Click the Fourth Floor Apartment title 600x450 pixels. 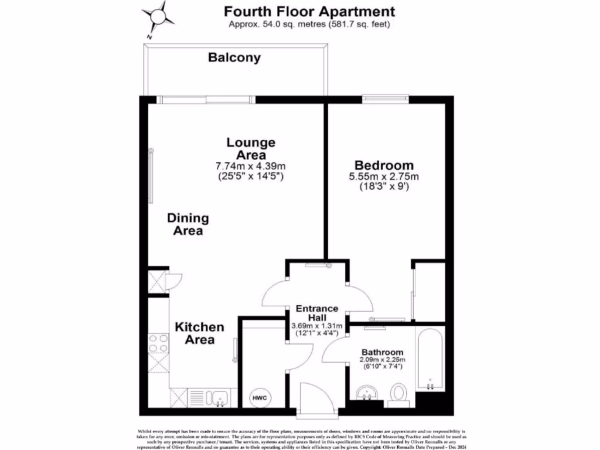(x=309, y=11)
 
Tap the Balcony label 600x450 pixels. (x=234, y=58)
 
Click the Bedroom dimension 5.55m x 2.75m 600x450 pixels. (x=384, y=176)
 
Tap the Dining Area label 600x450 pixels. (x=188, y=224)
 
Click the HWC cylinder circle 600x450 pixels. (x=260, y=398)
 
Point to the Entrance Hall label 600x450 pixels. (x=317, y=312)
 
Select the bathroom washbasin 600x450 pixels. (x=367, y=392)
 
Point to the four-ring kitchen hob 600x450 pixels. (x=158, y=343)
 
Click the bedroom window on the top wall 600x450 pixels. (x=385, y=98)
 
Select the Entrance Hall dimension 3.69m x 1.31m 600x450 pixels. (x=317, y=326)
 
